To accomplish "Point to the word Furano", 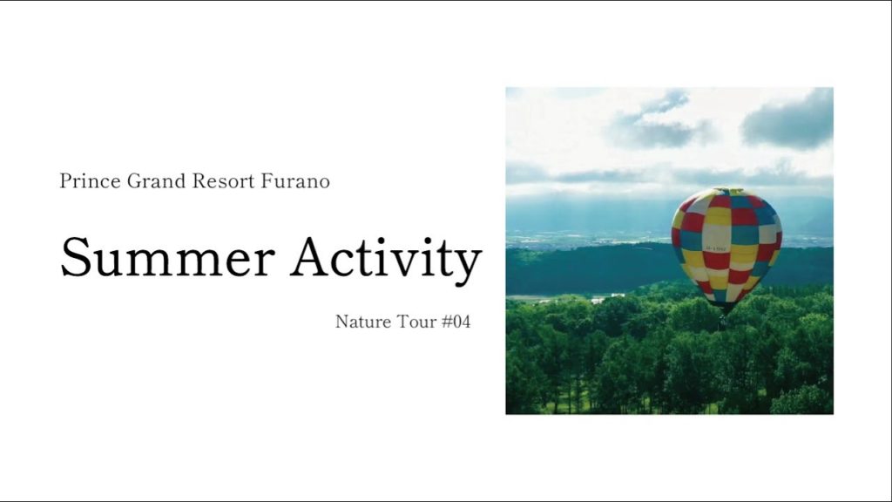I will (296, 182).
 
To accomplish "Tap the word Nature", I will (362, 322).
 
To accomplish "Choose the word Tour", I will (416, 322).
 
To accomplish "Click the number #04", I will (456, 322).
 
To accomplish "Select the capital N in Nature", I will (341, 322).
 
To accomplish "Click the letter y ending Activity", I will (468, 264).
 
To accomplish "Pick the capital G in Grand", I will (133, 182).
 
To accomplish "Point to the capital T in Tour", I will (402, 322).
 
